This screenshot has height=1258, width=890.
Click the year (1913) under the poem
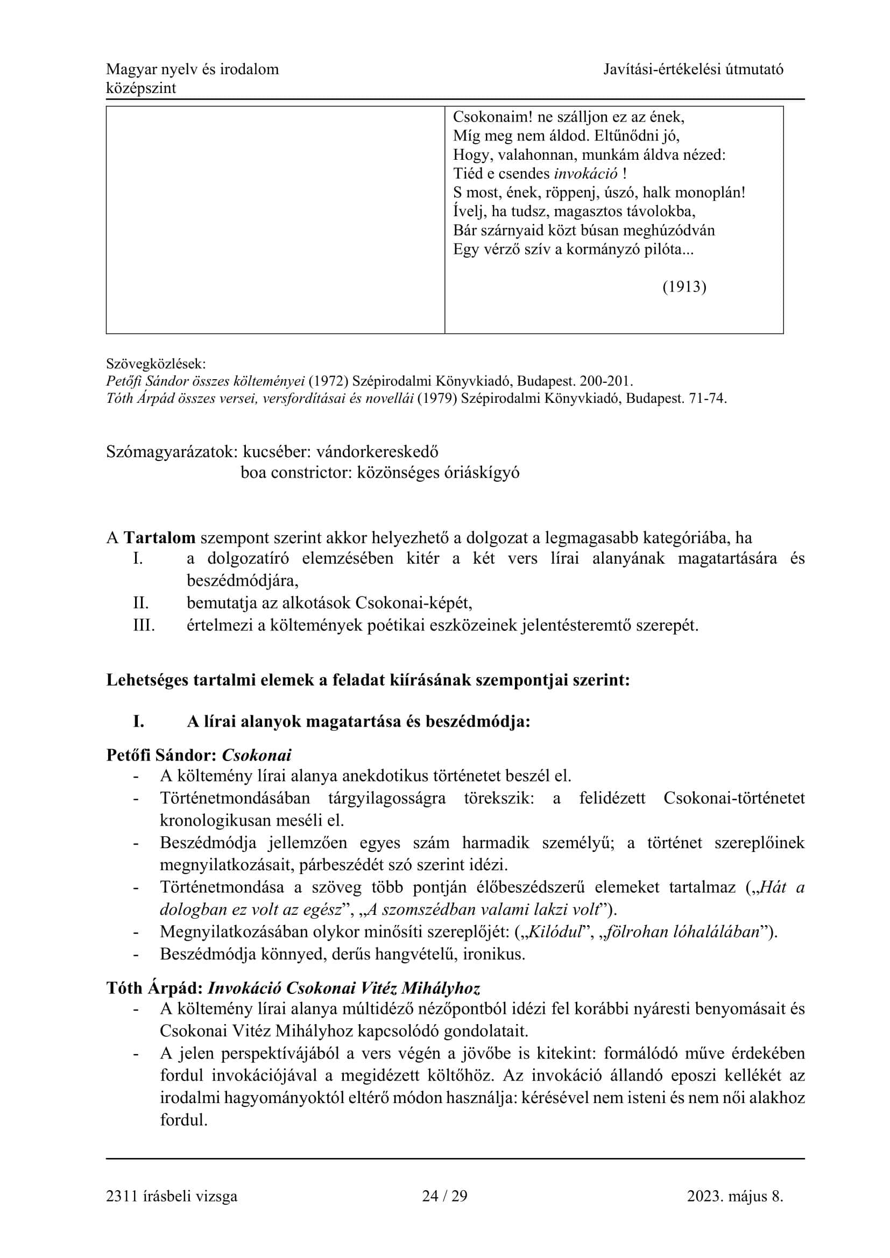click(x=684, y=287)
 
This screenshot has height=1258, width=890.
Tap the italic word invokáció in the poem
click(x=586, y=174)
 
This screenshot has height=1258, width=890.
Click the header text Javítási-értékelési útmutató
click(x=693, y=69)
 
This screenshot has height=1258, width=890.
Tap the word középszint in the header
click(x=141, y=88)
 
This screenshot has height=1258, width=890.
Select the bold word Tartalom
click(x=159, y=537)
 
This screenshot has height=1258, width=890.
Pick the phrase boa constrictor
click(x=295, y=472)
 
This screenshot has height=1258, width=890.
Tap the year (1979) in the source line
click(x=437, y=399)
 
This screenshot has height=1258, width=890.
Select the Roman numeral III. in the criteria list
click(x=144, y=625)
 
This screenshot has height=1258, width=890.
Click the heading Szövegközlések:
click(x=156, y=363)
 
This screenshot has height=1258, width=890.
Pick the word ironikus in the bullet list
click(x=494, y=954)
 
